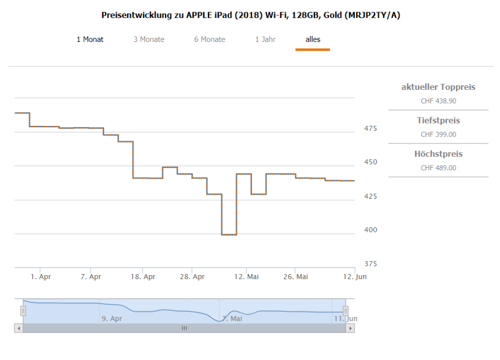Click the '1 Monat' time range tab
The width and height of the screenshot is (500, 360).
point(90,40)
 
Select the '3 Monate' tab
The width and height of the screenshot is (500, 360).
point(149,40)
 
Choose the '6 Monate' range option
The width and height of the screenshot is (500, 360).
point(209,40)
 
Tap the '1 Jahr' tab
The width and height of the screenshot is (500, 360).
point(265,40)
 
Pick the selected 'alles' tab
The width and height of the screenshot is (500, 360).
point(312,40)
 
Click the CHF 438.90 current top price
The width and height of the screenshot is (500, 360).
point(438,101)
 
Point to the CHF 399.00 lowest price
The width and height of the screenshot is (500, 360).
point(438,135)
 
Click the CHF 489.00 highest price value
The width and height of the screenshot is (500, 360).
point(438,168)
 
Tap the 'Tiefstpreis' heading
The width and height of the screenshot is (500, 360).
point(438,120)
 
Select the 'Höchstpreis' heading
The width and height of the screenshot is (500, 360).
point(438,154)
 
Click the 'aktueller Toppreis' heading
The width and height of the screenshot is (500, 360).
point(438,87)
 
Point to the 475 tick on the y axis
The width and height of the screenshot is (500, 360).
point(370,129)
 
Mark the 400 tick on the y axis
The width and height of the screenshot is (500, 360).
point(370,230)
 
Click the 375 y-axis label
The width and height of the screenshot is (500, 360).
point(370,264)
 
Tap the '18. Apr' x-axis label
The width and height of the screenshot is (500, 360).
point(143,277)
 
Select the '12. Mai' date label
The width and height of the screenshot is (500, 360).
point(247,277)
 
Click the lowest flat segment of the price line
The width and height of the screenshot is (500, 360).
point(229,235)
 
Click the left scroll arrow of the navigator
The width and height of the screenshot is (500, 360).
point(19,329)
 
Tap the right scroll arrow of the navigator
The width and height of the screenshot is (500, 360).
point(350,329)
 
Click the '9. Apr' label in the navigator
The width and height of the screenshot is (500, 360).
point(112,319)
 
